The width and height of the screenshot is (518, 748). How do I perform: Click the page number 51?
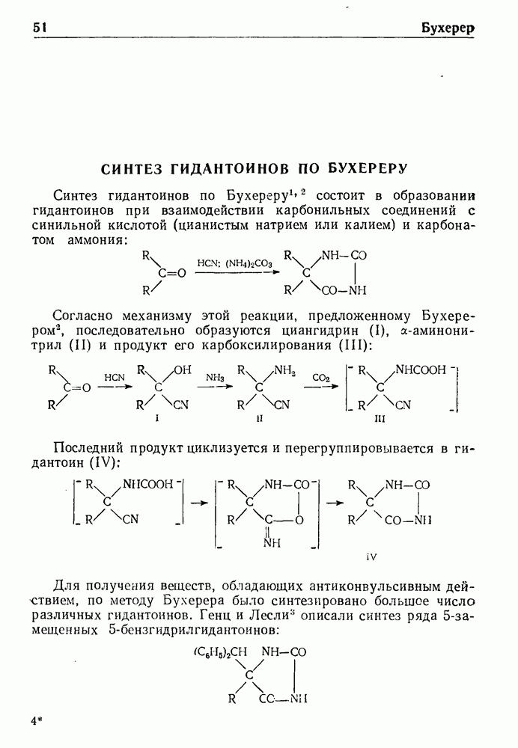pos(40,28)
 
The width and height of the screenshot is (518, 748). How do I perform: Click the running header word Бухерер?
pos(448,28)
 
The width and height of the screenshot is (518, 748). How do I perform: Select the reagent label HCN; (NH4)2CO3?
pos(234,263)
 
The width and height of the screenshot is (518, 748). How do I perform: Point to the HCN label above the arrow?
pos(115,377)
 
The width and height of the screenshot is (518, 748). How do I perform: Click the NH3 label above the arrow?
pos(215,378)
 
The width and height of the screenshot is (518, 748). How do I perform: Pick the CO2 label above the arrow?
pos(321,378)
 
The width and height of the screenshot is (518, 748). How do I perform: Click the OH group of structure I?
pos(183,370)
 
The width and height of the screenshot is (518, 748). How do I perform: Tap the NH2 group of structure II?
pos(285,371)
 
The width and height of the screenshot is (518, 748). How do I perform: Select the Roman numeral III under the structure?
pos(380,420)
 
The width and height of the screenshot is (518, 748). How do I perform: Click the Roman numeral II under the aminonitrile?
pos(259,419)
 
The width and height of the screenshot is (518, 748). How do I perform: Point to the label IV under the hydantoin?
pos(371,557)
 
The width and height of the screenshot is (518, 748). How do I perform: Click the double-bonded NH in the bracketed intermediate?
pos(272,543)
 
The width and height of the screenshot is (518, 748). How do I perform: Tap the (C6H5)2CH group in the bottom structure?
pos(220,652)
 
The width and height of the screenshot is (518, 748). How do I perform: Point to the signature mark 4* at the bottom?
pos(37,722)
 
